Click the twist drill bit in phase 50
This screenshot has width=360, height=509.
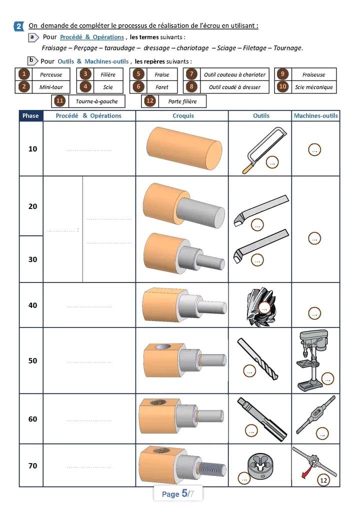click(257, 358)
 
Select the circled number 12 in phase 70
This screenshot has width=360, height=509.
click(323, 480)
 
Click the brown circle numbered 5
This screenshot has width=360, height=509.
click(138, 74)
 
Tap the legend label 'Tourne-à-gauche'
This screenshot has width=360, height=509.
click(96, 101)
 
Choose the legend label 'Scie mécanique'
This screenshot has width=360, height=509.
click(314, 87)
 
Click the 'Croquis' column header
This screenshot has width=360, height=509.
click(183, 115)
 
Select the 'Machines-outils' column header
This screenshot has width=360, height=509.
click(316, 115)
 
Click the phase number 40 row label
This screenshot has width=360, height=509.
click(33, 305)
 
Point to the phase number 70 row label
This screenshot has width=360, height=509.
click(33, 466)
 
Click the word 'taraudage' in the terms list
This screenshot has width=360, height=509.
click(119, 48)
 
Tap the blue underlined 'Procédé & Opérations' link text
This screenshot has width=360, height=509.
click(92, 37)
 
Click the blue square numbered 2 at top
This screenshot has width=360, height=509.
click(18, 26)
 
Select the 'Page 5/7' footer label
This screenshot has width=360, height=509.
click(178, 493)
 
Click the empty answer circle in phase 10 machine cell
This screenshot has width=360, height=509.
click(314, 150)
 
